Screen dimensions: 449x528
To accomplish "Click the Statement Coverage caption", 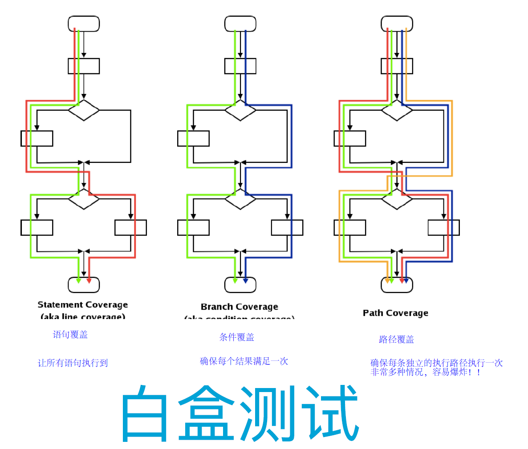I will tap(82, 305).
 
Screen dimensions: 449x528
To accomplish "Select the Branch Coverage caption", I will tap(239, 307).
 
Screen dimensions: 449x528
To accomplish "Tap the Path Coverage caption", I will tap(395, 313).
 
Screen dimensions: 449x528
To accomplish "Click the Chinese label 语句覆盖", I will tap(70, 335).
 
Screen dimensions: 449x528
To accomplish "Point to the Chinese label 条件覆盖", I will tap(236, 337).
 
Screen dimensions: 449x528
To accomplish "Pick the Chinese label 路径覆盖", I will tap(396, 340).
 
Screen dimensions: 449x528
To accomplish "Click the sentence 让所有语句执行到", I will tap(73, 363).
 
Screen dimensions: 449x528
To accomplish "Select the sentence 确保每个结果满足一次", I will tap(244, 361).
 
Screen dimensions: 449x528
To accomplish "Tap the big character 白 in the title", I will tap(144, 414).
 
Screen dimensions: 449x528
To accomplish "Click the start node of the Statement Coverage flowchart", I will tap(84, 24).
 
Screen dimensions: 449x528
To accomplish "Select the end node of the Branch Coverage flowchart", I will tap(240, 285).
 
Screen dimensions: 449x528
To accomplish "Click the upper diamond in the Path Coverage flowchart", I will tap(397, 110).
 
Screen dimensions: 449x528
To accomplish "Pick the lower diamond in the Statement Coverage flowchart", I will tap(84, 199).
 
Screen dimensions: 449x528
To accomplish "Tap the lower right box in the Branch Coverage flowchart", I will tap(287, 227).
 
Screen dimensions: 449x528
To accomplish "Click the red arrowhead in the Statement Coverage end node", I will tap(89, 281).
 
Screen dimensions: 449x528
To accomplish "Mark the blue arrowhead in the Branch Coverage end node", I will tap(246, 281).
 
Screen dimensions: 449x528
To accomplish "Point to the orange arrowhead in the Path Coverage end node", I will tap(387, 281).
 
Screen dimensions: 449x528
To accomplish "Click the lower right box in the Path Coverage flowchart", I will tap(443, 227).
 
